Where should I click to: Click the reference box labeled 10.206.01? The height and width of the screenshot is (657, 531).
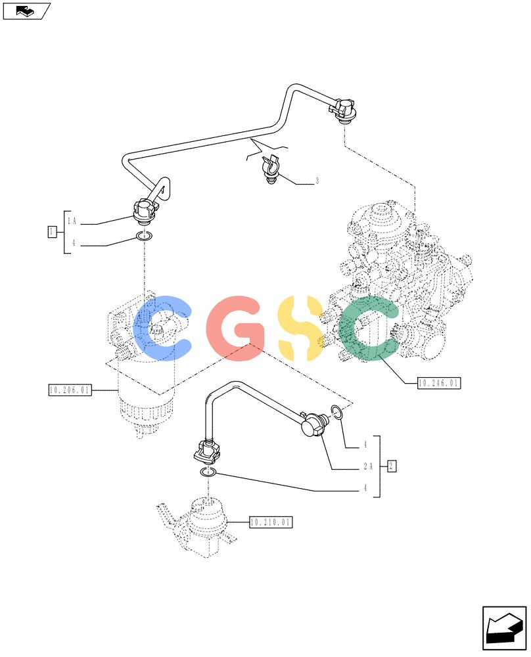[70, 390]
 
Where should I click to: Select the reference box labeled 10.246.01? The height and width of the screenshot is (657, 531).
[439, 383]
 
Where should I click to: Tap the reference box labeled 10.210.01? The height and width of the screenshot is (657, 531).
[271, 522]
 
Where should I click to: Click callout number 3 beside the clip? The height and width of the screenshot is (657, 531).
[317, 181]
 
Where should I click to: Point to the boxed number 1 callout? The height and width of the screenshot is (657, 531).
[53, 232]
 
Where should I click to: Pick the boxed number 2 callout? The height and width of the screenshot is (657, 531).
[392, 466]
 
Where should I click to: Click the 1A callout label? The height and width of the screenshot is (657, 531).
[72, 221]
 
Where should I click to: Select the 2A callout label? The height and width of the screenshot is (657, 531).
[368, 466]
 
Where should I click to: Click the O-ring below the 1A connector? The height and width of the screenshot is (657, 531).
[144, 237]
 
